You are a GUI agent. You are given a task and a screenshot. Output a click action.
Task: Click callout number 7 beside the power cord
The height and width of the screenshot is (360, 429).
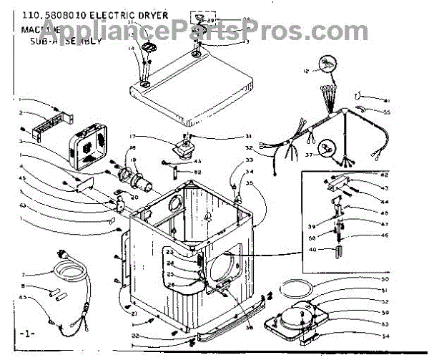23,275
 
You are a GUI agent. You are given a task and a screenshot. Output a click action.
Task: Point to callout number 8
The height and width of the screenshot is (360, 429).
23,286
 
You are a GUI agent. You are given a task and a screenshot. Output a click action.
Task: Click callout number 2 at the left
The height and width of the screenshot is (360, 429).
21,112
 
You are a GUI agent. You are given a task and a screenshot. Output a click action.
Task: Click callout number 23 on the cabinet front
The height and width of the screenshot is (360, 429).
170,253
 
